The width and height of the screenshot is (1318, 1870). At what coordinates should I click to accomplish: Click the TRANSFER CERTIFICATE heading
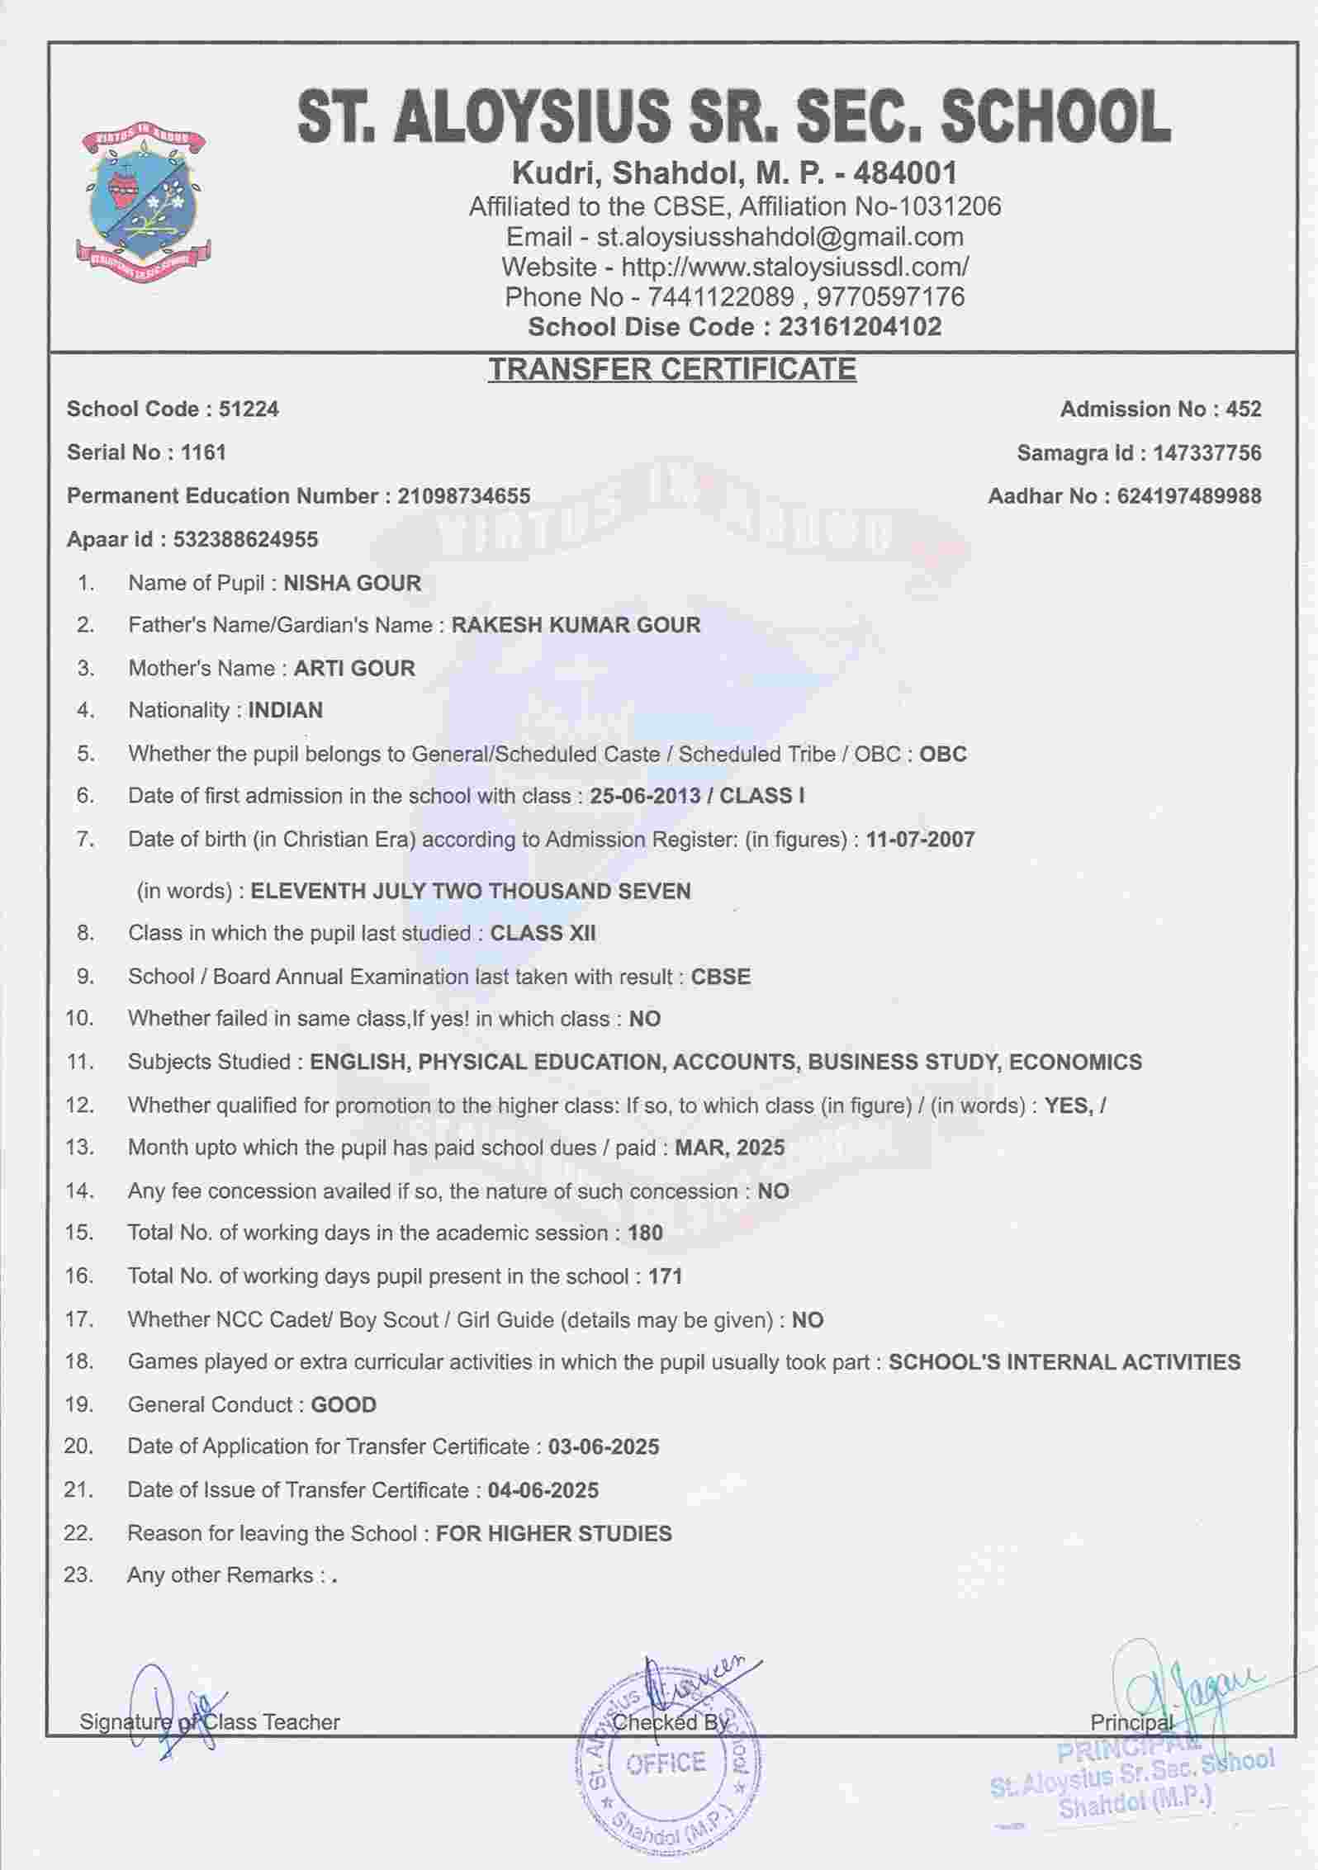671,368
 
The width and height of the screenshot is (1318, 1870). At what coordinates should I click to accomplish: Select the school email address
780,237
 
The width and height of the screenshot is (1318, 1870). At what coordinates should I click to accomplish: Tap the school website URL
794,267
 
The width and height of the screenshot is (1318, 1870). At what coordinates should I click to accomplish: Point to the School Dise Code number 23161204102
860,327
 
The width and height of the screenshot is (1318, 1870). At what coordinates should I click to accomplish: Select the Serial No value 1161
203,452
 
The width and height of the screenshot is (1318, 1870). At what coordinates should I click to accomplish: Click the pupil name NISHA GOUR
352,583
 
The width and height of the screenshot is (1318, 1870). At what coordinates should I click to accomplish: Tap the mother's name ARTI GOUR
354,668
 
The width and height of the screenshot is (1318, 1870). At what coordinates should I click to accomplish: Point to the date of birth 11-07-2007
920,840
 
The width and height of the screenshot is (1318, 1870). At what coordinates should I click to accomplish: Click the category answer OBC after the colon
942,754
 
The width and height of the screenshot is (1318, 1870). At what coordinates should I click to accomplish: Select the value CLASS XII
543,933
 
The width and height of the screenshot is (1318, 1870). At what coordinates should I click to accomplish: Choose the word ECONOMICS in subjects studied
1075,1062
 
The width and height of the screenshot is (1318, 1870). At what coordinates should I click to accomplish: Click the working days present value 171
665,1276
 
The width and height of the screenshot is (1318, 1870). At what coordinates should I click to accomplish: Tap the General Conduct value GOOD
343,1404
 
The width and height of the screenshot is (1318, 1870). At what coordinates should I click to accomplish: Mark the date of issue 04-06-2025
543,1490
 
